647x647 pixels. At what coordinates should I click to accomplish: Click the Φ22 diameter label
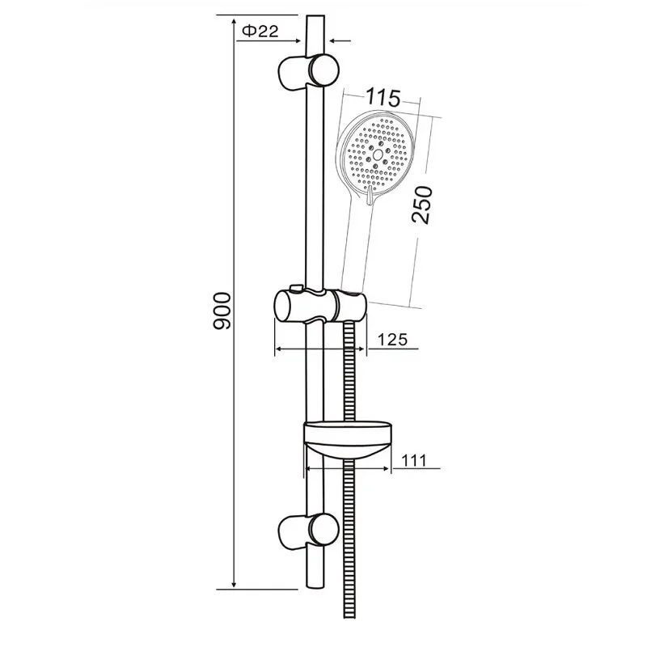click(x=260, y=31)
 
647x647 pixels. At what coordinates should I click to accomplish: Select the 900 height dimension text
click(x=221, y=311)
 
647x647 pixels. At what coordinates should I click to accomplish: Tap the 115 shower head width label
click(x=383, y=97)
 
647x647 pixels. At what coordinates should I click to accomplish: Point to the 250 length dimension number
click(x=422, y=205)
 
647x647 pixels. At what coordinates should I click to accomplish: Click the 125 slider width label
click(x=392, y=339)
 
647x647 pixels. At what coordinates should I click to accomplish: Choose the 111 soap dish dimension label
click(x=414, y=460)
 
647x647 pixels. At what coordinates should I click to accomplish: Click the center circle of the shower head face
click(x=378, y=154)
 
